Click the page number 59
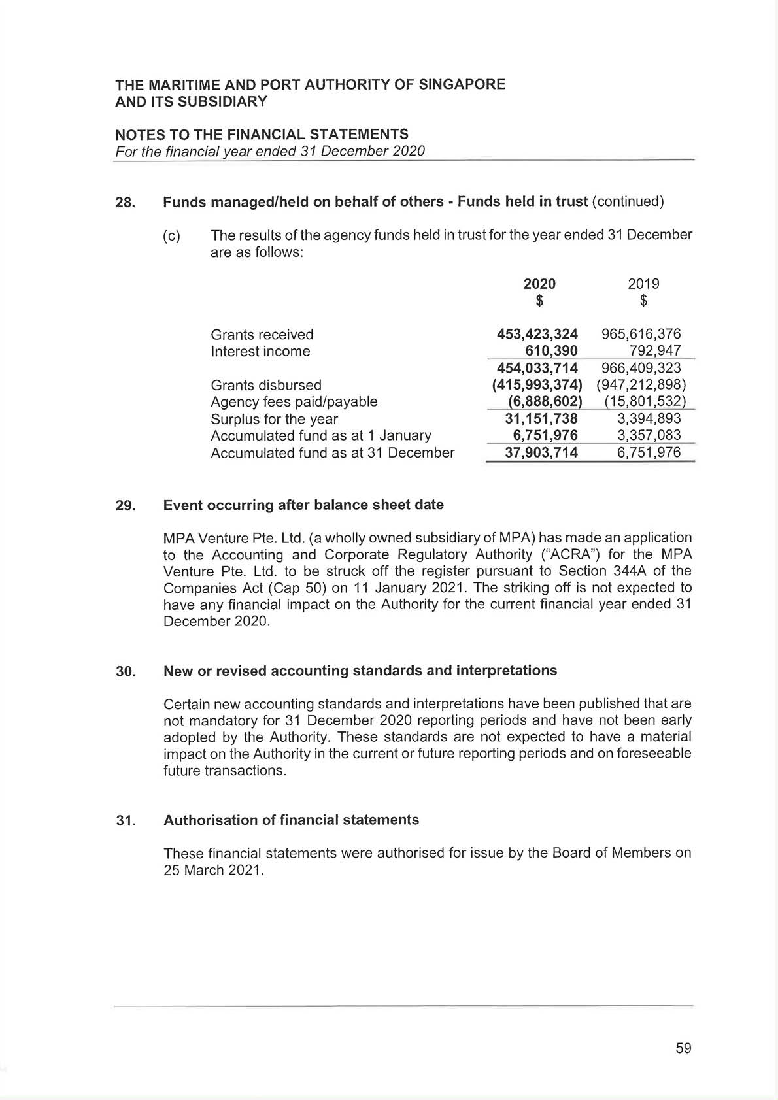click(x=683, y=1048)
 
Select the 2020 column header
click(x=539, y=284)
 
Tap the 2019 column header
click(x=643, y=284)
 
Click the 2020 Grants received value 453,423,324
click(x=537, y=335)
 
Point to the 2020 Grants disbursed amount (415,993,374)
click(x=537, y=385)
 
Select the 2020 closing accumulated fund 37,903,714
click(x=541, y=452)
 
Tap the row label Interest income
click(x=260, y=352)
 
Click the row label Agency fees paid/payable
click(x=294, y=402)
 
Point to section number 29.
click(x=126, y=506)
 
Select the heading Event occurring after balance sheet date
click(x=303, y=505)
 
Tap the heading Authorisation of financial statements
click(x=291, y=820)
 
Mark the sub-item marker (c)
click(x=171, y=236)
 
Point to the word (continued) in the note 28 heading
click(x=628, y=201)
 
